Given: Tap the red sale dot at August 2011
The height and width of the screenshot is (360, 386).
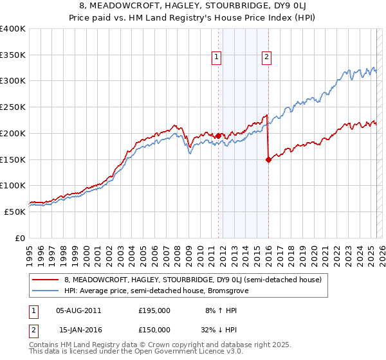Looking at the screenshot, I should coord(218,136).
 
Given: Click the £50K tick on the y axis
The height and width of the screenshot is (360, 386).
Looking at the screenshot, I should coord(15,212).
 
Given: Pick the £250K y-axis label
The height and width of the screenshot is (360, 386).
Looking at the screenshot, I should coord(13,107).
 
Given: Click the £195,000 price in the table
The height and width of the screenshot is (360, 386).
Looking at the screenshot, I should coord(154,310).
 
